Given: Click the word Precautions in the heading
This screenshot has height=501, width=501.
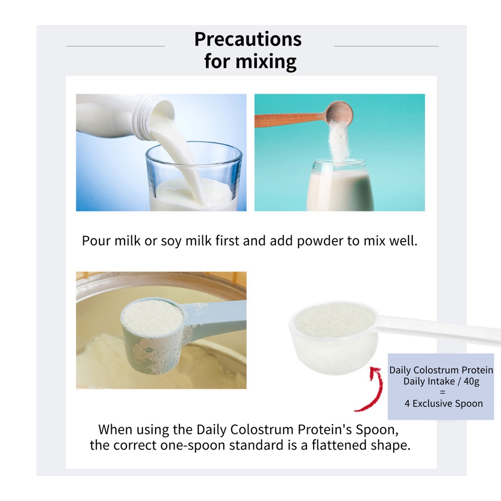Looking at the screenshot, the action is (x=248, y=39).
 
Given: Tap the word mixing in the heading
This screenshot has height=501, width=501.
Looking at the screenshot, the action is (x=266, y=61).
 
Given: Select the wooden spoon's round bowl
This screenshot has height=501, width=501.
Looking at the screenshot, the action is (x=339, y=113).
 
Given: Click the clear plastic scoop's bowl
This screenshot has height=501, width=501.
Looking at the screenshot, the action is (x=334, y=337).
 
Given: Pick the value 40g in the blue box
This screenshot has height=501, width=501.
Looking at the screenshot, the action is (x=471, y=382).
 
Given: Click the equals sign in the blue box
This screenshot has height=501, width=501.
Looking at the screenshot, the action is (x=442, y=392).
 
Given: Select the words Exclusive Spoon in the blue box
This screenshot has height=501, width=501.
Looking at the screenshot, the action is (x=448, y=404).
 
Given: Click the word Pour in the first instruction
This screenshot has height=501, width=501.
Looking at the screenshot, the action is (x=96, y=241).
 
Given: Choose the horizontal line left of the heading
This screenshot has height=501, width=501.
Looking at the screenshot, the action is (x=115, y=46).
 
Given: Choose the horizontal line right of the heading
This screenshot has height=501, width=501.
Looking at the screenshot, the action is (x=386, y=46).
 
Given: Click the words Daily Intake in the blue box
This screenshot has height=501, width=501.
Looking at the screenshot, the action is (x=429, y=382).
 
